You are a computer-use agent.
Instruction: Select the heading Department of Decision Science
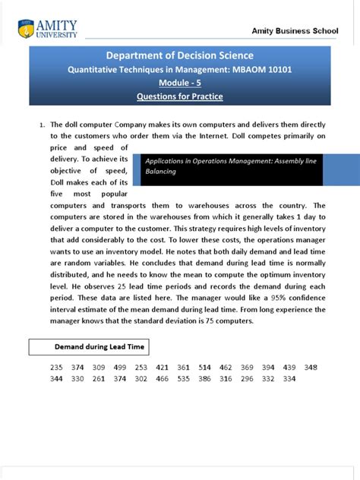coord(180,55)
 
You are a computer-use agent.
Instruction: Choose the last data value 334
coord(289,378)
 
